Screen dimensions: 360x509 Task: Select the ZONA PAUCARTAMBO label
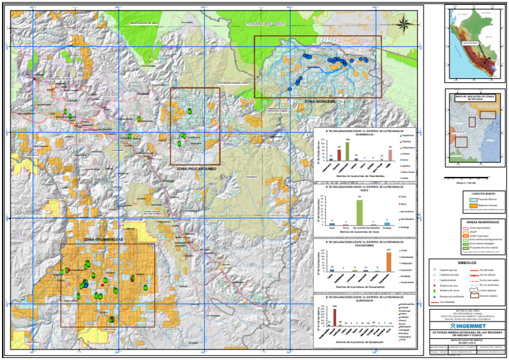coord(178,170)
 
